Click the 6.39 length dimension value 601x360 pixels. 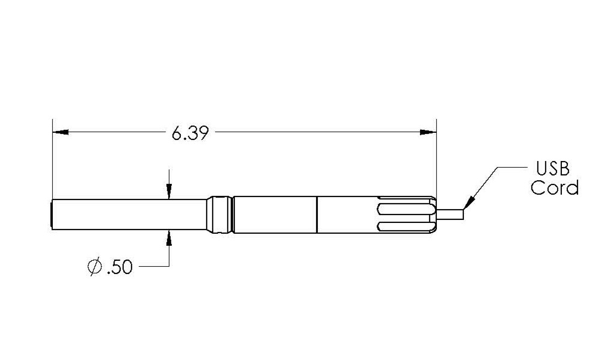pyautogui.click(x=190, y=133)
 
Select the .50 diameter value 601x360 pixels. pyautogui.click(x=118, y=267)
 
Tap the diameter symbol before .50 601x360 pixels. pyautogui.click(x=94, y=267)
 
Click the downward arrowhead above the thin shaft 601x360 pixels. pyautogui.click(x=169, y=192)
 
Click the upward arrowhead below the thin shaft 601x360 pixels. pyautogui.click(x=169, y=237)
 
